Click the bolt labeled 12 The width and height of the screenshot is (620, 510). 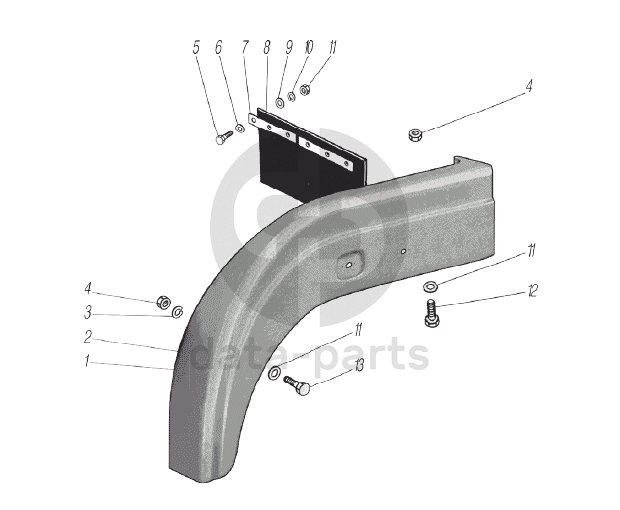coord(431,314)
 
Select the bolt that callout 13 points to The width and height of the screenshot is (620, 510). coord(298,385)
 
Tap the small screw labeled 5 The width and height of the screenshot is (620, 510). coord(223,137)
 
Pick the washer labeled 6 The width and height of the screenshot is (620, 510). coord(239,127)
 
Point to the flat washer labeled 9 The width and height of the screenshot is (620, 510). coord(280,102)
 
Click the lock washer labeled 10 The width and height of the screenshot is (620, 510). coord(291,97)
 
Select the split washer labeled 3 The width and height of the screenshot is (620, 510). coord(177,313)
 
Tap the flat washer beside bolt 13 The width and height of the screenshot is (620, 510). coord(274,372)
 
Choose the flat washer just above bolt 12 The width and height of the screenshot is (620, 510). coord(430,286)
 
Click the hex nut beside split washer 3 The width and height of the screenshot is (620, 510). coord(162,302)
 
